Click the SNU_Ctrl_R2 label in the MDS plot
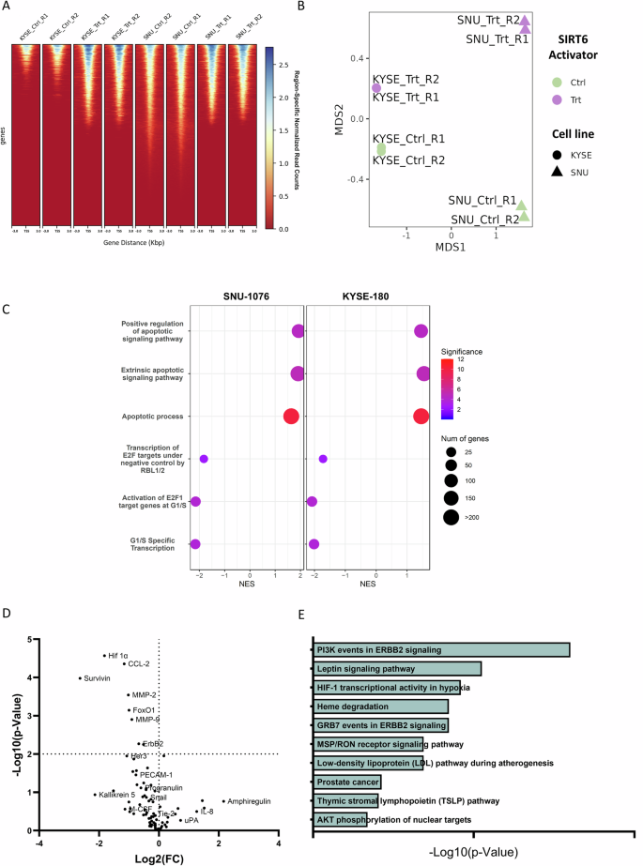coord(484,220)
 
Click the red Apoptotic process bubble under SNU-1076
coord(292,416)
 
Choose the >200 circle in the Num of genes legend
coord(452,516)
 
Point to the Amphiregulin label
coord(249,801)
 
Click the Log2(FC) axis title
coord(158,856)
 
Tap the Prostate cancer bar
coord(347,781)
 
